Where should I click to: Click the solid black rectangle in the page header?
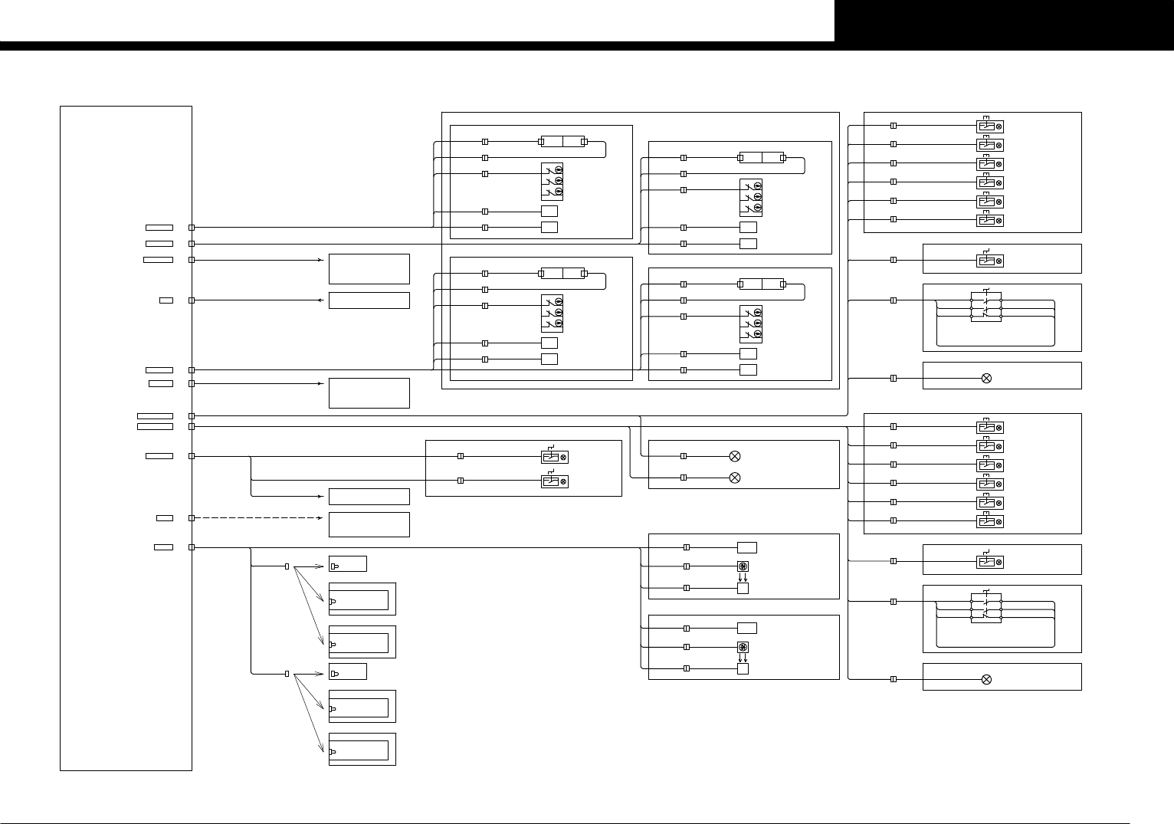[x=1004, y=21]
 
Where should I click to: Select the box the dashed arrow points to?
[x=369, y=524]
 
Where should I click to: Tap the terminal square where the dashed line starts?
[x=192, y=518]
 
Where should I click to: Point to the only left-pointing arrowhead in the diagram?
[x=320, y=300]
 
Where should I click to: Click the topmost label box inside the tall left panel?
[x=159, y=228]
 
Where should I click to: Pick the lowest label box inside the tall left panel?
[x=163, y=547]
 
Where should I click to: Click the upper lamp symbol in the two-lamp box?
[x=734, y=456]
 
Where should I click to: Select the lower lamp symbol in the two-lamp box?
[x=734, y=478]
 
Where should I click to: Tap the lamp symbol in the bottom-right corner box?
[x=986, y=679]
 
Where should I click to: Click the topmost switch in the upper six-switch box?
[x=989, y=126]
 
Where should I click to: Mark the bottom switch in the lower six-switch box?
[x=989, y=522]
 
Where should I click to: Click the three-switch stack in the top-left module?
[x=552, y=182]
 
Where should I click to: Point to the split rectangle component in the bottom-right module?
[x=762, y=284]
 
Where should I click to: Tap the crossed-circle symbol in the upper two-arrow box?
[x=742, y=566]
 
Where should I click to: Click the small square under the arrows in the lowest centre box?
[x=742, y=668]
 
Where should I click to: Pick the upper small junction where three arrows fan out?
[x=287, y=566]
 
